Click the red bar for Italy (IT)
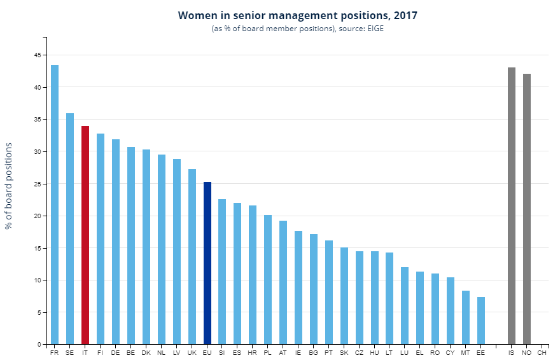85,235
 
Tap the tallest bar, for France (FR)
55,204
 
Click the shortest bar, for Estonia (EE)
481,321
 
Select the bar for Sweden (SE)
70,228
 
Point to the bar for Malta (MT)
466,317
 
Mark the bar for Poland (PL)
268,280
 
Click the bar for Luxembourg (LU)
405,305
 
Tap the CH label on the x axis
542,352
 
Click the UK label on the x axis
192,352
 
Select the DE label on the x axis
115,352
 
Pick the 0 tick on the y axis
39,344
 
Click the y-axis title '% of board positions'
9,186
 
